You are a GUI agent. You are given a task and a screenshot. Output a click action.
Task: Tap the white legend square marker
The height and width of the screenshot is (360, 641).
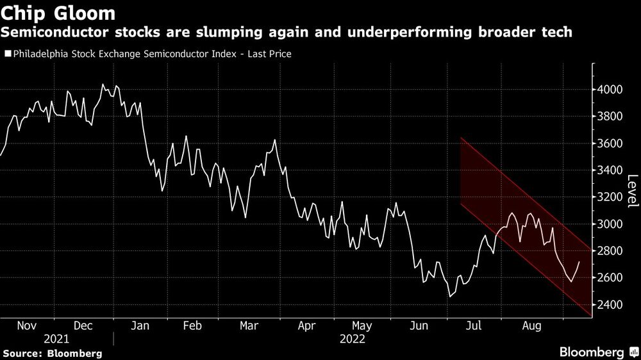click(x=7, y=54)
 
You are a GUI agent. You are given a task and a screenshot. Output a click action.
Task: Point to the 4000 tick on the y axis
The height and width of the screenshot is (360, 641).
click(x=610, y=90)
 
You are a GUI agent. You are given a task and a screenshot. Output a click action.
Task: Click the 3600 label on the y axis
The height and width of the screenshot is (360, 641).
click(x=610, y=143)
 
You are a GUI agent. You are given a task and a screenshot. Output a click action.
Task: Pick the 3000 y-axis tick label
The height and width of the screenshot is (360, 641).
click(x=610, y=224)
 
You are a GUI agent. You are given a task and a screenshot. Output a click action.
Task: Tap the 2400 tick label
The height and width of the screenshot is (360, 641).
click(x=610, y=305)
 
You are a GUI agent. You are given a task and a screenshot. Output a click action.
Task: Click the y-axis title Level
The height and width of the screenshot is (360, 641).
click(x=632, y=191)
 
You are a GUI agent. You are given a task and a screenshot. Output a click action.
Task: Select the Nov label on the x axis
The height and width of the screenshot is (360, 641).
click(x=26, y=326)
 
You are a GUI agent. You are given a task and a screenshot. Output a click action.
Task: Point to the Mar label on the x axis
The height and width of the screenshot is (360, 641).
click(x=249, y=326)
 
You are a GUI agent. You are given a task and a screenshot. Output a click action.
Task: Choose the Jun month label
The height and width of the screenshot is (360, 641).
click(x=419, y=326)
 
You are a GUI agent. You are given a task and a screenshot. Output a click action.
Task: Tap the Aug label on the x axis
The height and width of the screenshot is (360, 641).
click(x=532, y=326)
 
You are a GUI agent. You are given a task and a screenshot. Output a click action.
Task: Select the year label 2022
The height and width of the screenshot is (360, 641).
click(x=351, y=339)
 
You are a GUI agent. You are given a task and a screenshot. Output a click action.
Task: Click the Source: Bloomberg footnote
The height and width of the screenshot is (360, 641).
click(x=52, y=353)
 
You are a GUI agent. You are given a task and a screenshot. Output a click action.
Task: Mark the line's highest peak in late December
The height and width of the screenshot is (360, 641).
click(x=103, y=85)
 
